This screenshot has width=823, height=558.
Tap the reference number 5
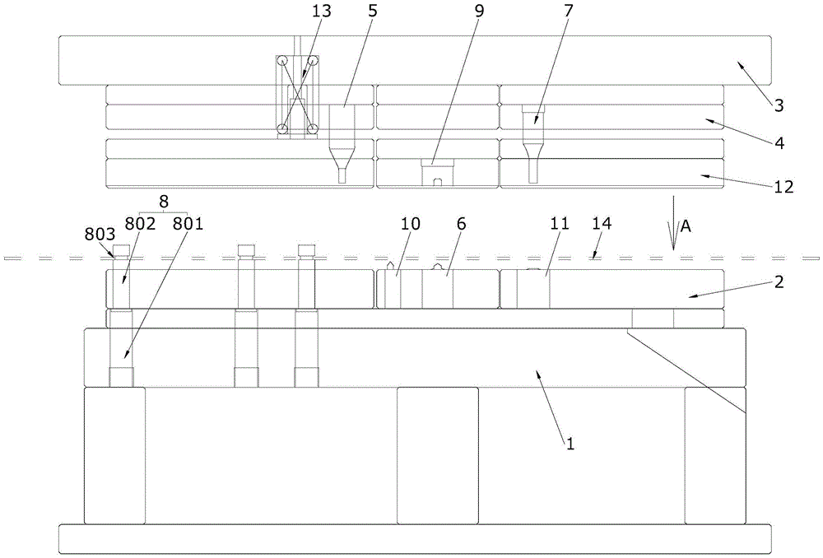point(372,12)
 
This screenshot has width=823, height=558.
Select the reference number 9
point(480,12)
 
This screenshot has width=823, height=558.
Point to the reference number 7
point(569,12)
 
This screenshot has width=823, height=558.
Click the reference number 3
point(778,105)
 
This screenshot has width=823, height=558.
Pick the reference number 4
point(778,143)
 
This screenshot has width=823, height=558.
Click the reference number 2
point(779,281)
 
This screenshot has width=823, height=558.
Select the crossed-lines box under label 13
point(297,95)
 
